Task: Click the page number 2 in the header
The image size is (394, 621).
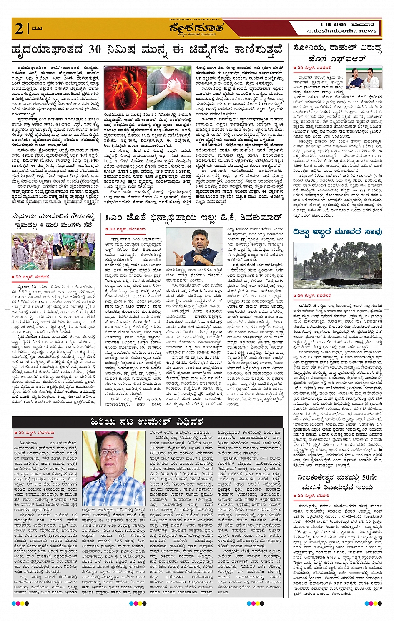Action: [19, 28]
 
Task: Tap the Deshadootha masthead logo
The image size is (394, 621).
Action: [196, 29]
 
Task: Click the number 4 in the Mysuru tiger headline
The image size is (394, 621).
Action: [41, 225]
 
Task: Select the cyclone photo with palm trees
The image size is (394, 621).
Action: [337, 265]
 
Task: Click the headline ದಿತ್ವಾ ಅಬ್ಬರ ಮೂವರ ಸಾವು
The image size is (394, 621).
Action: [337, 232]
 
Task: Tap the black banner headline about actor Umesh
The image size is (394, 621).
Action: [147, 422]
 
